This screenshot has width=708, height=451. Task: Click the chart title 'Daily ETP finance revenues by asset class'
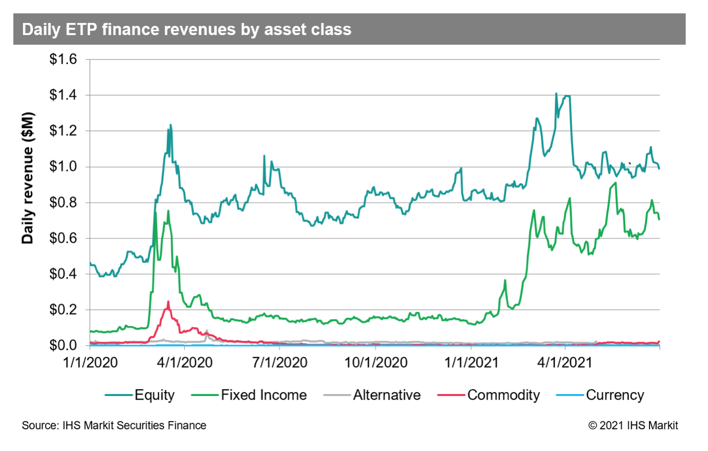186,30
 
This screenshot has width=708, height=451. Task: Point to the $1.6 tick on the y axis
63,59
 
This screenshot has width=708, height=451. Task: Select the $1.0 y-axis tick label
63,167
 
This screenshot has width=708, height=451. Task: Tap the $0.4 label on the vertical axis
63,274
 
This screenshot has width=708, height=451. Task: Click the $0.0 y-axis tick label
63,345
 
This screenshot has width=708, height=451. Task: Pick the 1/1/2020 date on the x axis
90,363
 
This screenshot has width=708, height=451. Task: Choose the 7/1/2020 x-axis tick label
280,363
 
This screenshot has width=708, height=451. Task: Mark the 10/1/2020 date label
376,363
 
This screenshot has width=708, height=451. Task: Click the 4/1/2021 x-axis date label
565,363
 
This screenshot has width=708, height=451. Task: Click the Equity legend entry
154,395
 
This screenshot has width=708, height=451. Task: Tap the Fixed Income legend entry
263,395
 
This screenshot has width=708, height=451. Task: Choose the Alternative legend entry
386,395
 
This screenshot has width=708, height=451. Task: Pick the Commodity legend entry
503,395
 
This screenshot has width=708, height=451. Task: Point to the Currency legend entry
614,395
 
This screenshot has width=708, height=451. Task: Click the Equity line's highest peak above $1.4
556,94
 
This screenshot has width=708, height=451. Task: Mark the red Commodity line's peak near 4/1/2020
168,302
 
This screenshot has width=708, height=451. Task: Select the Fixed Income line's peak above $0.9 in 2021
615,183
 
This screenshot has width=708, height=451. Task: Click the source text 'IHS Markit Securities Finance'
134,425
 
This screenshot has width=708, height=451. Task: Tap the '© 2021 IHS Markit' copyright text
633,425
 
